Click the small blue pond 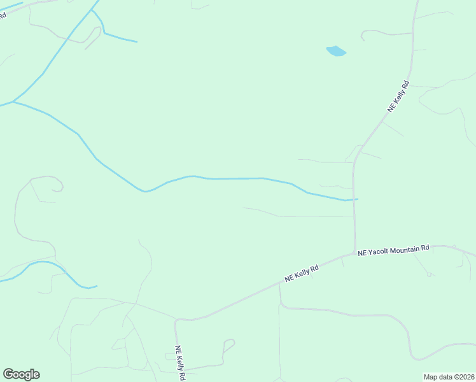pyautogui.click(x=336, y=51)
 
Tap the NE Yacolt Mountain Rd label pyautogui.click(x=393, y=250)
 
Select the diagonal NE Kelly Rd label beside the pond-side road pyautogui.click(x=398, y=97)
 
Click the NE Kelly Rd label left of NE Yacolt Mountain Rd pyautogui.click(x=301, y=274)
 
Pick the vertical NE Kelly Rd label pyautogui.click(x=180, y=363)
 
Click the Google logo pyautogui.click(x=21, y=374)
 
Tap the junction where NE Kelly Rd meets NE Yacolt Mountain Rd pyautogui.click(x=354, y=253)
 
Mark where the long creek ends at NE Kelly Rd pyautogui.click(x=357, y=199)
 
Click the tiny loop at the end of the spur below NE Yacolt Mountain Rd pyautogui.click(x=430, y=274)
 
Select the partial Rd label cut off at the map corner pyautogui.click(x=3, y=14)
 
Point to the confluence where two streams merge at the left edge pyautogui.click(x=13, y=101)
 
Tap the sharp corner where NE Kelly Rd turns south pyautogui.click(x=176, y=320)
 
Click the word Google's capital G pyautogui.click(x=8, y=374)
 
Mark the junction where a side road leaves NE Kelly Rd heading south pyautogui.click(x=279, y=284)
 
